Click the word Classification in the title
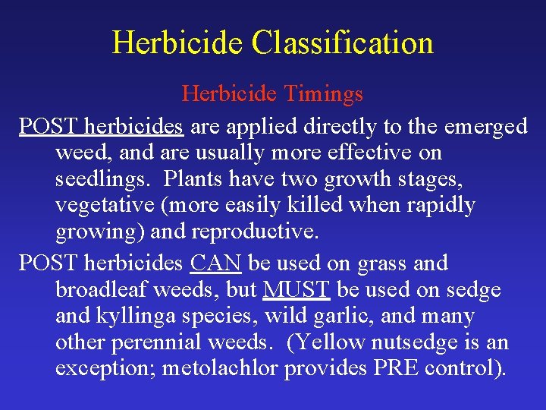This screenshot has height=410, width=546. tap(343, 43)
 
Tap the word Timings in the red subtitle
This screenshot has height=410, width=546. tap(324, 94)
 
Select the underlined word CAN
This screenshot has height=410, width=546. tap(216, 263)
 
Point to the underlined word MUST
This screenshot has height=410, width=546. tap(296, 290)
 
